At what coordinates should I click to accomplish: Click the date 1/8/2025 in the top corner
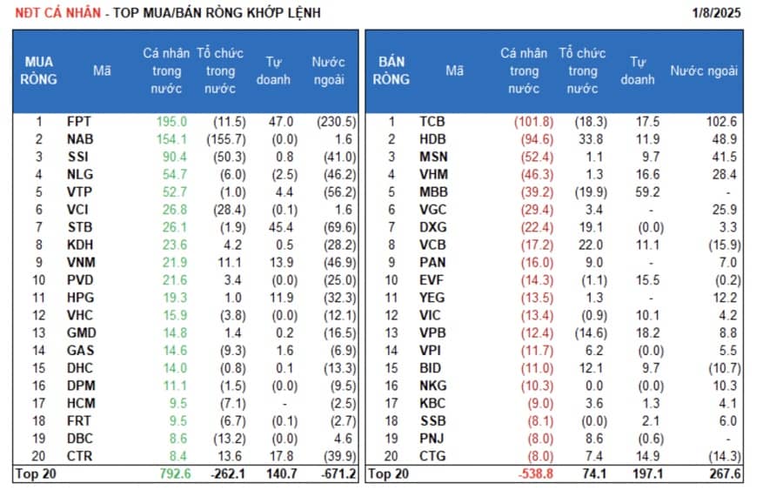[x=718, y=12]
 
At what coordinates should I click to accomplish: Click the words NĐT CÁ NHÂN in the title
[x=50, y=12]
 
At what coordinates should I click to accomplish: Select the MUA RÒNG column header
[x=38, y=70]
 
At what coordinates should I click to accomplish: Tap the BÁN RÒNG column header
[x=391, y=70]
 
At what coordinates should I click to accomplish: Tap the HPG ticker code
[x=80, y=298]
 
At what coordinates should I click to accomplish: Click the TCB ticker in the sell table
[x=432, y=122]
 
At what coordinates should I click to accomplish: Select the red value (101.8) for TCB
[x=532, y=122]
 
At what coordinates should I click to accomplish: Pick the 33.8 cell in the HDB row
[x=588, y=139]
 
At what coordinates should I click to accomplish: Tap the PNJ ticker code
[x=432, y=438]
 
